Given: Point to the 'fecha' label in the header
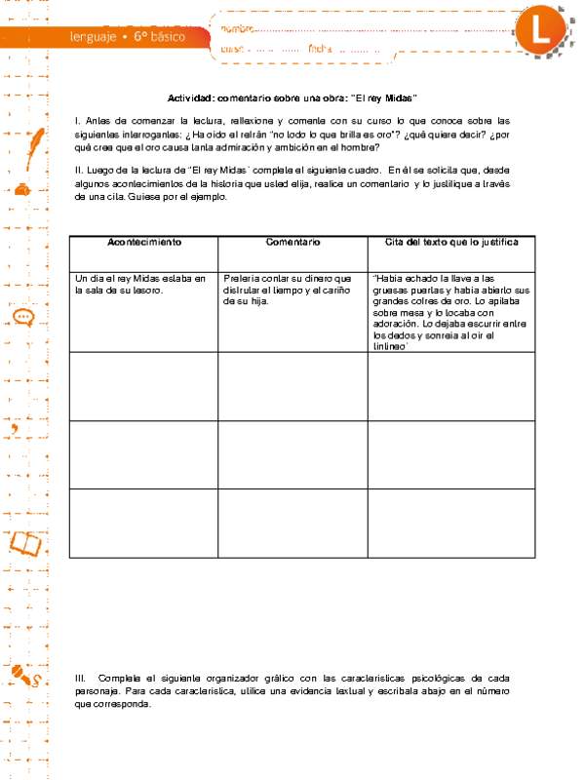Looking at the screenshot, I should (x=320, y=48).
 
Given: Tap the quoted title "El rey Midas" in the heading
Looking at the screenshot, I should (x=387, y=97).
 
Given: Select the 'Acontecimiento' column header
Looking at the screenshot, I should (x=143, y=241).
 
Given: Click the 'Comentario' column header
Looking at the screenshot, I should (x=292, y=241).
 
